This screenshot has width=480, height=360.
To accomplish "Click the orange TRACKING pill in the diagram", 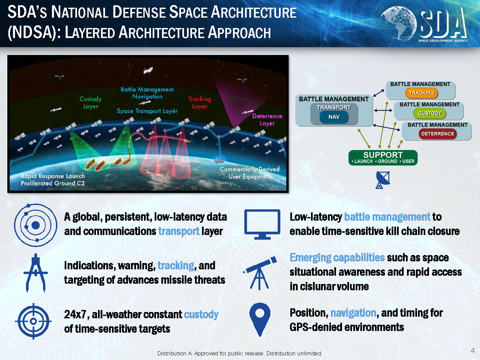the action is click(421, 93).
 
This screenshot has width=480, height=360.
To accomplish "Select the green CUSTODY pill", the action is click(429, 113).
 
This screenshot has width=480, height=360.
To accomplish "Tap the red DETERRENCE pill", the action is click(438, 134).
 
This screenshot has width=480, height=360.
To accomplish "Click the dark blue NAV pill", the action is click(334, 117).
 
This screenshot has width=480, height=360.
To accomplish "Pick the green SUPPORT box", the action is click(383, 158).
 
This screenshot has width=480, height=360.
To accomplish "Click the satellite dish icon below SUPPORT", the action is click(383, 180).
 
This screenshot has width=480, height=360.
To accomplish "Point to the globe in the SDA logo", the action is click(398, 23).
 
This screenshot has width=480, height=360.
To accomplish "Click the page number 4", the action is click(473, 351).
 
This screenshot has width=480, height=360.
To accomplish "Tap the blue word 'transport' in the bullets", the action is click(179, 231).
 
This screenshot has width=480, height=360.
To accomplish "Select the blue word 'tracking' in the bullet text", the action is click(176, 266).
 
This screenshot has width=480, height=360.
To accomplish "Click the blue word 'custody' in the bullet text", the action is click(201, 315).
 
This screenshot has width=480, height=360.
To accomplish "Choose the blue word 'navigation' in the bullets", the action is click(353, 313).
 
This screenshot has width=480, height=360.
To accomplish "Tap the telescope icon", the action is click(260, 273).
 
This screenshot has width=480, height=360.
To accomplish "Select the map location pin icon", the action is click(260, 319).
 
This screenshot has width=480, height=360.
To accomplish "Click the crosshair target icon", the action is click(33, 321).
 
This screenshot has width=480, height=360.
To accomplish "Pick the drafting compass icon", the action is click(36, 273).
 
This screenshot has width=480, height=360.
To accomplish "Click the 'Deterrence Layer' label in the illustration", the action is click(267, 120).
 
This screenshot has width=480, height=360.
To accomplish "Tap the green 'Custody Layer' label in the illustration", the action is click(91, 103).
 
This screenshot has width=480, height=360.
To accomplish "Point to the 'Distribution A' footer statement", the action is click(240, 353).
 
